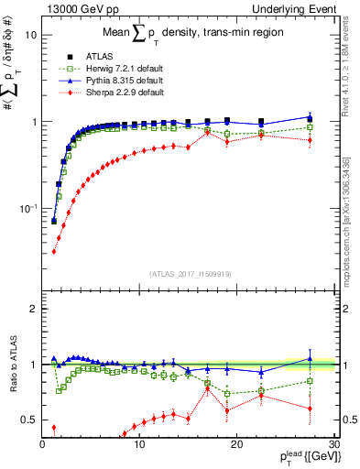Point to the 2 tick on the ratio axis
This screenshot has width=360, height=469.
(34, 309)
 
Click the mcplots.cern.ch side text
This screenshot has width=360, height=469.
(352, 220)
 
